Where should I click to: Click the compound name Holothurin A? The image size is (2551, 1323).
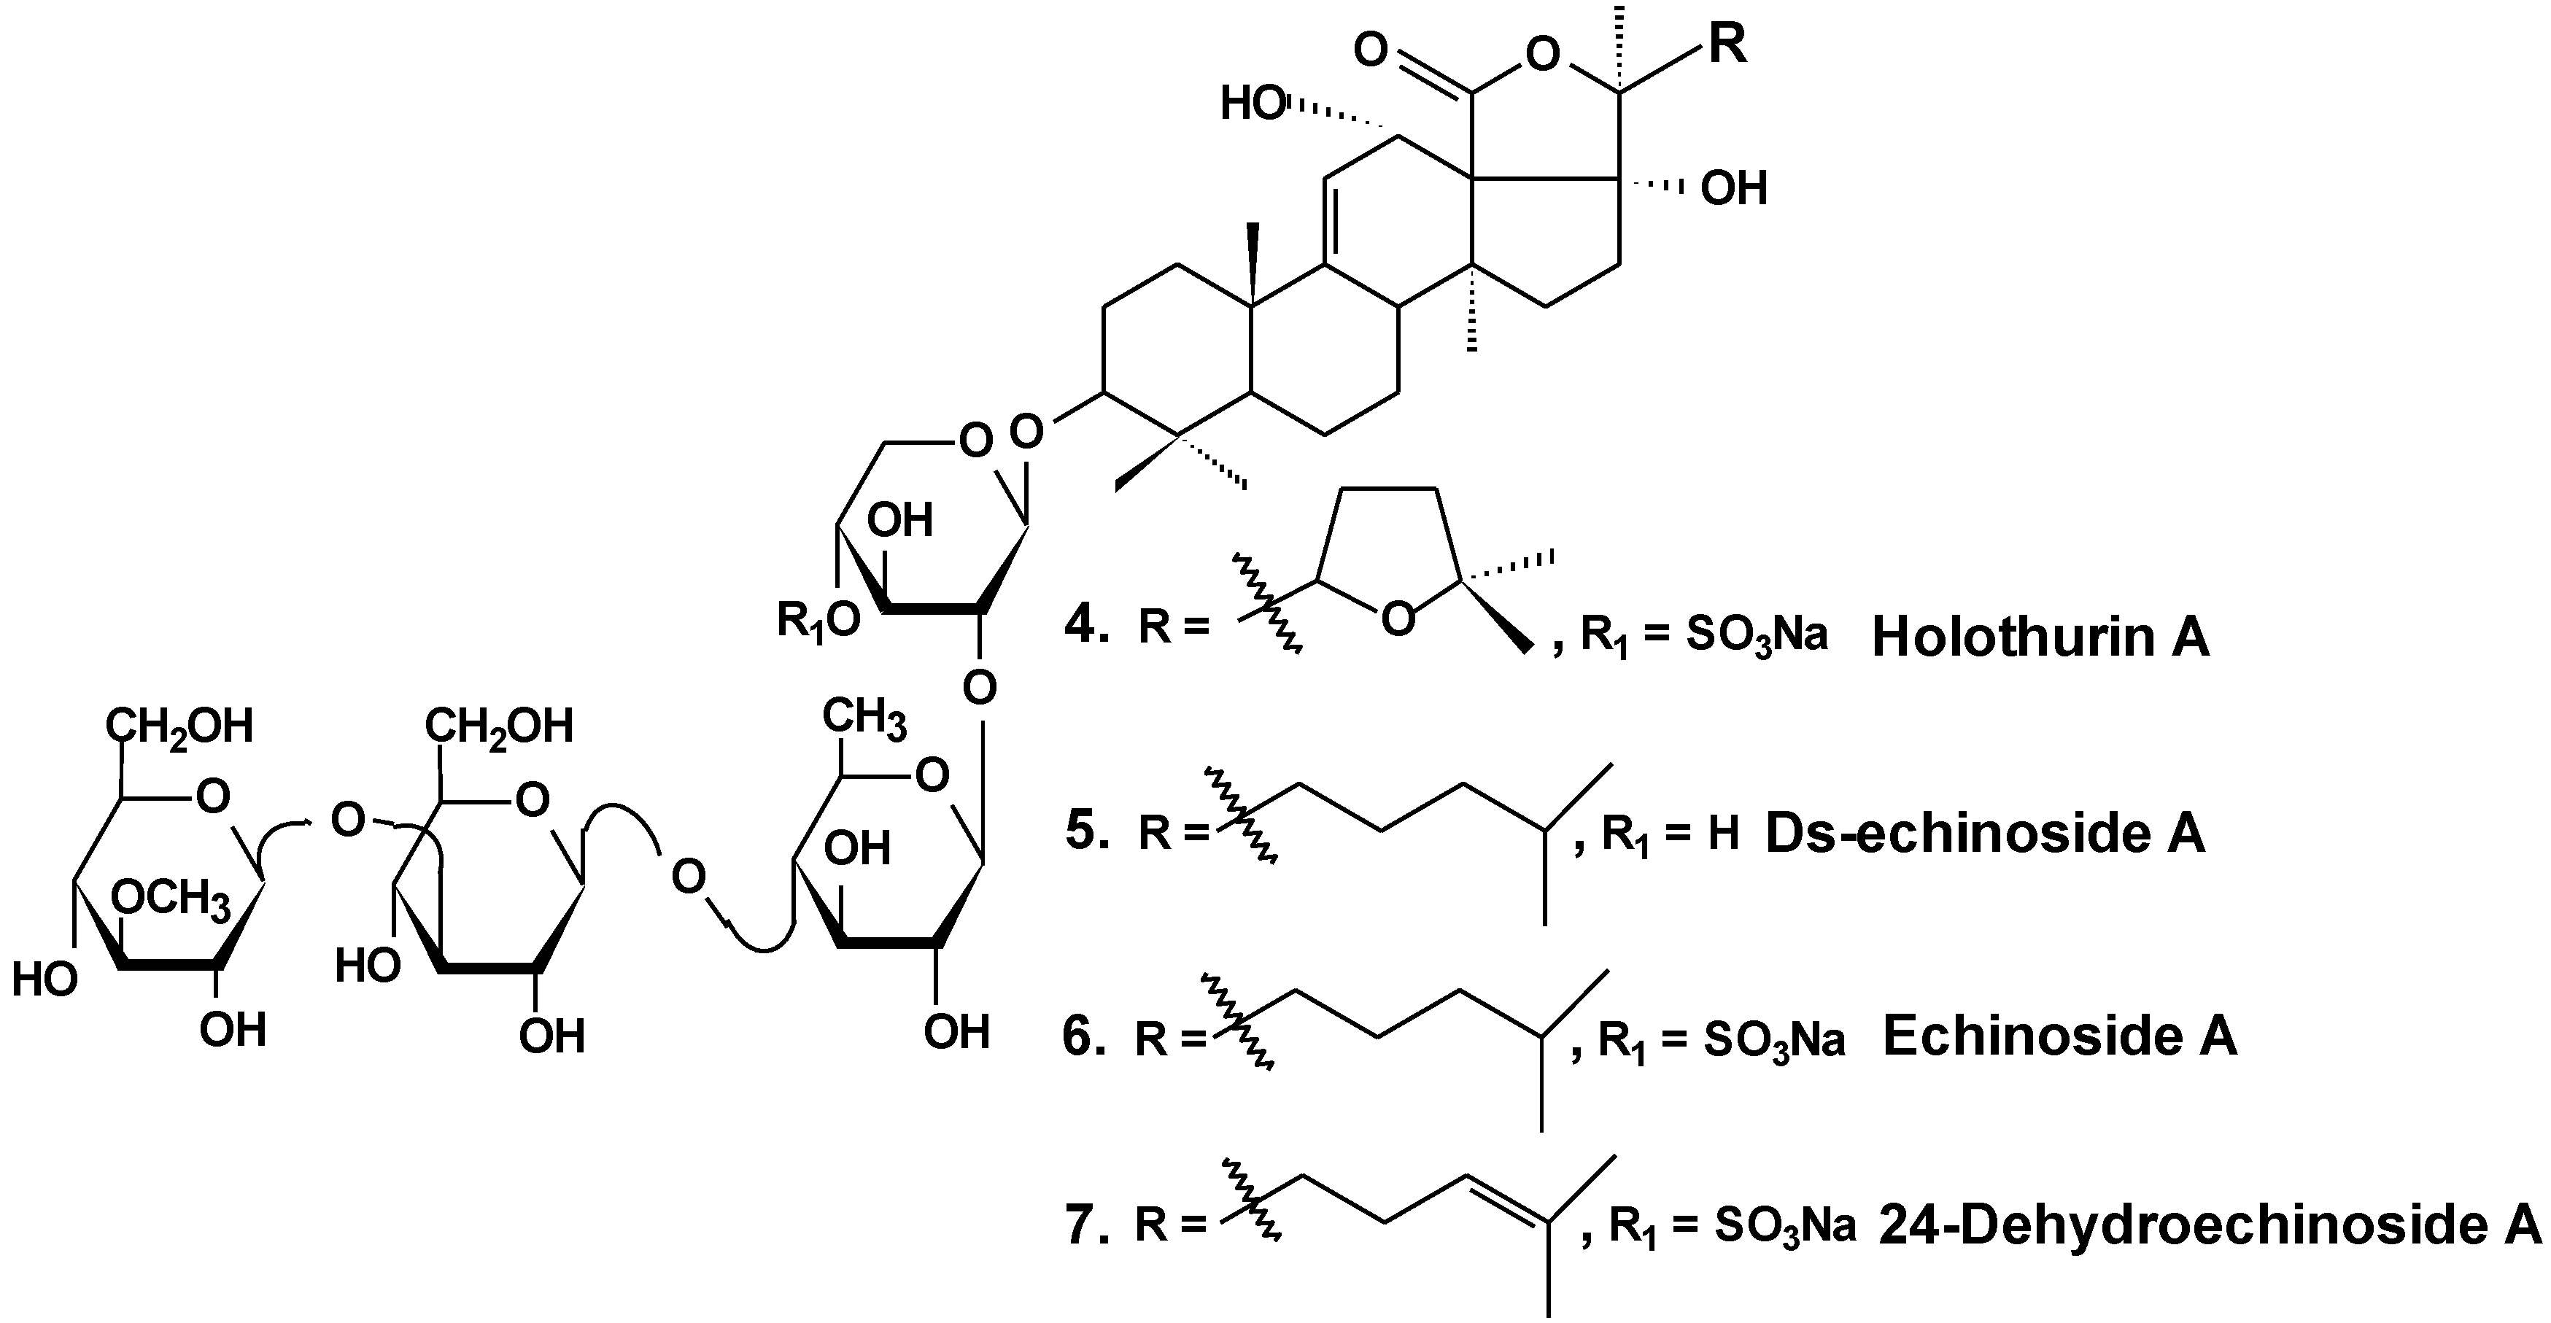pos(2040,637)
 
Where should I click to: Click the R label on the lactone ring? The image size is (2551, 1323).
pos(1727,44)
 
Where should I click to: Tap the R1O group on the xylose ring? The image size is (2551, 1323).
pos(818,621)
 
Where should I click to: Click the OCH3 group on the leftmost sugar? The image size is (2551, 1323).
pos(170,899)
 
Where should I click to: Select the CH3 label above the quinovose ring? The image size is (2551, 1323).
pos(864,718)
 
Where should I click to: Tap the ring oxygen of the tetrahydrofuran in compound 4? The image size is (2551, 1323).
pos(1396,620)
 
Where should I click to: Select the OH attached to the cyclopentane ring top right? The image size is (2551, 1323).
pos(1733,188)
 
